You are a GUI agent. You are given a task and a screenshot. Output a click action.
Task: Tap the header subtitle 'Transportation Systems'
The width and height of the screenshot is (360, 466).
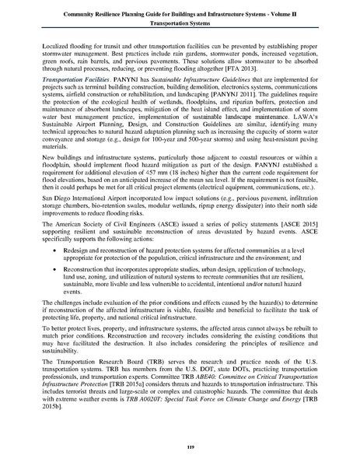coord(180,23)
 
